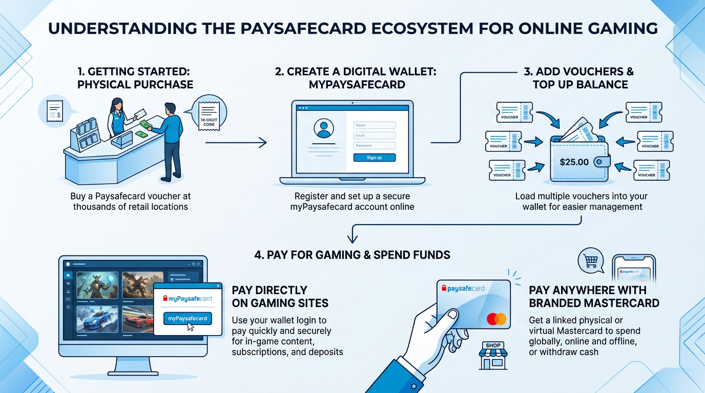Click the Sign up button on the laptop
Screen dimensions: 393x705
click(375, 158)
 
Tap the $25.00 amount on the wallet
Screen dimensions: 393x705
click(574, 162)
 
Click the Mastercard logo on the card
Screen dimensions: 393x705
click(496, 319)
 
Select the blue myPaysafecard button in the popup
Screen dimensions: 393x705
click(188, 318)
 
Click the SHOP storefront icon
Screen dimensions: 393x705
click(493, 356)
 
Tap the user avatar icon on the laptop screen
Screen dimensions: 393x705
click(323, 128)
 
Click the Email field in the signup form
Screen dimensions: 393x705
click(375, 136)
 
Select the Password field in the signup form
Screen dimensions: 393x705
click(375, 146)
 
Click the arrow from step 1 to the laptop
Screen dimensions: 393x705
click(236, 143)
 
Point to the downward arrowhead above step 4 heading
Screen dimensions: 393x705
click(352, 238)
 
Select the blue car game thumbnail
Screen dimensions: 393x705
click(97, 320)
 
